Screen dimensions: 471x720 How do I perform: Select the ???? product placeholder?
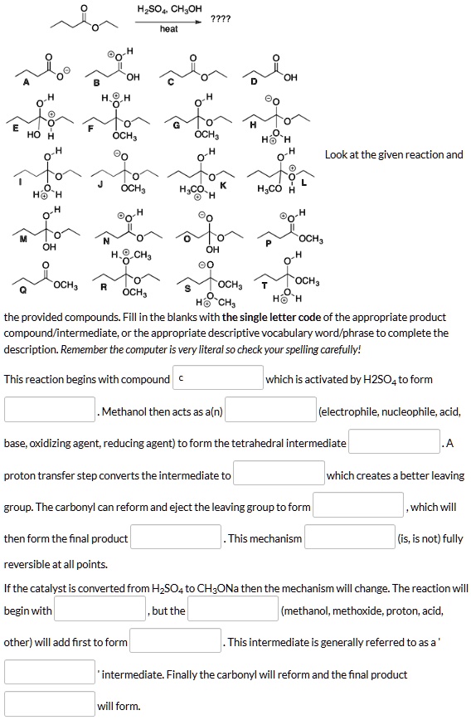221,19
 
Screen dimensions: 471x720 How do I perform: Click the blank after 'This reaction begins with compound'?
218,379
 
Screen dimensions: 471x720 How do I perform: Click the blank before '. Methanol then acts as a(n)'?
51,411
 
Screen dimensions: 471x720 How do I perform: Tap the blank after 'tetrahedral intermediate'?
394,443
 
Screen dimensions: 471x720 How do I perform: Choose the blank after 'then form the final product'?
176,538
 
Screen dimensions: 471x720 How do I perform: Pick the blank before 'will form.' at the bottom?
51,705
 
